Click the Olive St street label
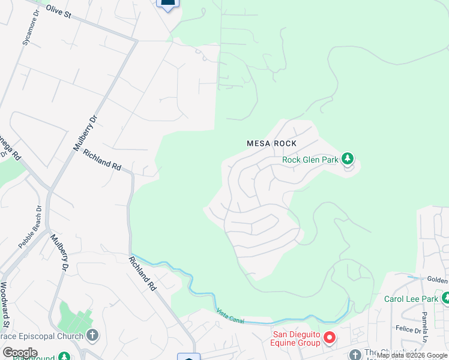[x=58, y=12]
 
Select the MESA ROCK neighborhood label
[x=272, y=143]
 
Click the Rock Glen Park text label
[x=311, y=160]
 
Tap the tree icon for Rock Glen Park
[x=347, y=159]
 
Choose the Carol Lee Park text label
[x=412, y=299]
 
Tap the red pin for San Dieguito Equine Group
[x=329, y=338]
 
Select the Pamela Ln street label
[x=441, y=332]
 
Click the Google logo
[x=20, y=353]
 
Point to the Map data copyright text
[x=412, y=356]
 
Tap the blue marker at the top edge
[x=167, y=4]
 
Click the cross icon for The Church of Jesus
[x=355, y=355]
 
